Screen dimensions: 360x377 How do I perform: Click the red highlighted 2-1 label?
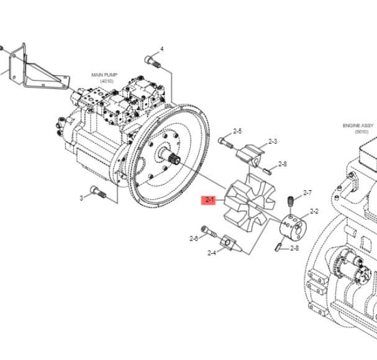[210, 200]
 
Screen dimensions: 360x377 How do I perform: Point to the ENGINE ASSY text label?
[358, 126]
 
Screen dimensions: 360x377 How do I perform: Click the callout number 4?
[162, 48]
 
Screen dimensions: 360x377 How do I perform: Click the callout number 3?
[81, 198]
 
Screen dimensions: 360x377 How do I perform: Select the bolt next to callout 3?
[98, 192]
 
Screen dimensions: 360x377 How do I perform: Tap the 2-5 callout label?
[237, 131]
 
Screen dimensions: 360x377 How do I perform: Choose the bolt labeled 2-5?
[225, 142]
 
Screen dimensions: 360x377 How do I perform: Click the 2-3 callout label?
[273, 142]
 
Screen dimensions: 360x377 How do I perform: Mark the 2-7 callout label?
[307, 193]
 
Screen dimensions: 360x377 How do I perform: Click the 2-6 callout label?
[194, 238]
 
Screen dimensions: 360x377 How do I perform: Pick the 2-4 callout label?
[212, 253]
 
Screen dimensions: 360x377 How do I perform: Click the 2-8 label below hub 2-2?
[294, 249]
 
